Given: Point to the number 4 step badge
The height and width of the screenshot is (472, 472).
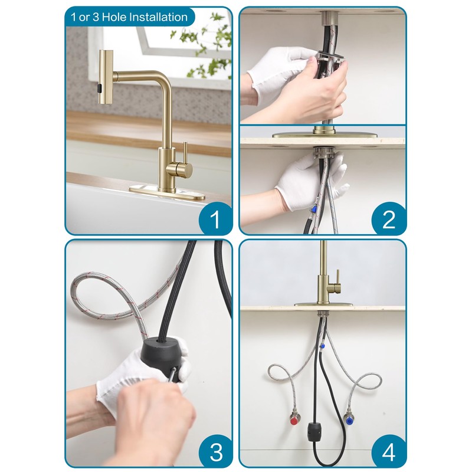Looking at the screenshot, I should pos(388,451).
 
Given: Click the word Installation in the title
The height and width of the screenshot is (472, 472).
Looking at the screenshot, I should pos(155,17).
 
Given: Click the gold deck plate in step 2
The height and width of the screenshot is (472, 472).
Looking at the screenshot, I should pos(324,135).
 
